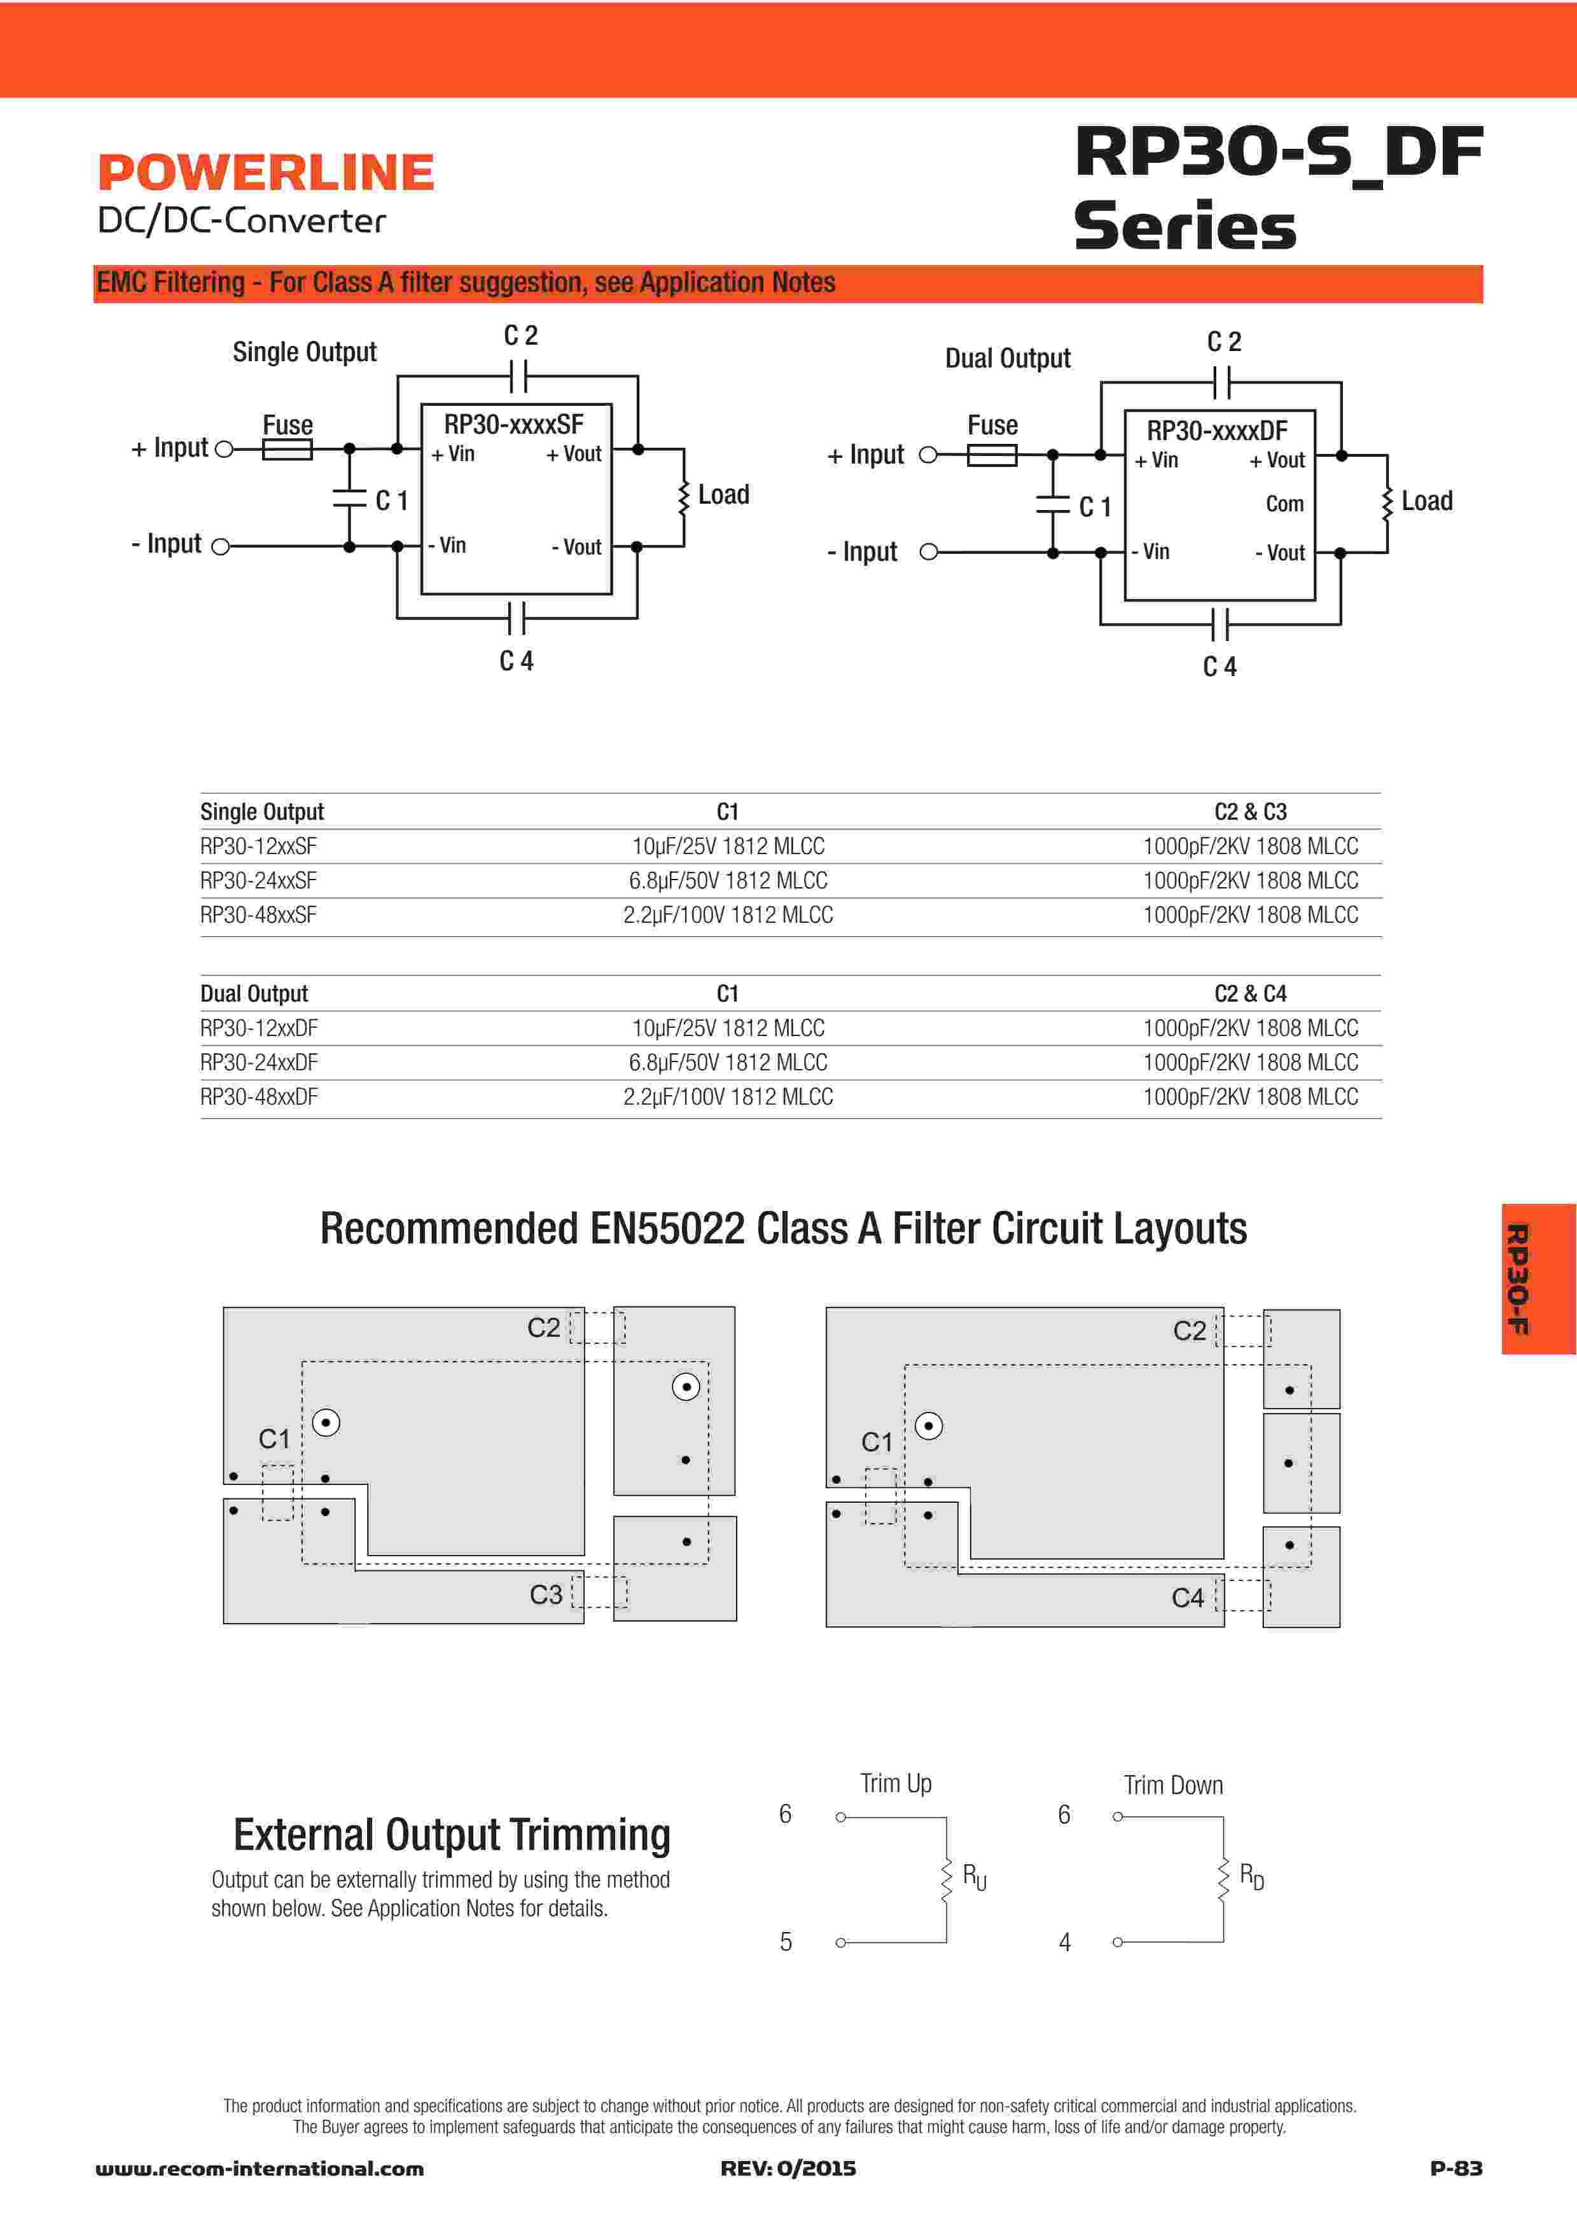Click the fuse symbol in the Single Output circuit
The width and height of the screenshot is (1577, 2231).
(x=287, y=449)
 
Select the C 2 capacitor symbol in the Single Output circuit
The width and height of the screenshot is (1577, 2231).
(x=518, y=375)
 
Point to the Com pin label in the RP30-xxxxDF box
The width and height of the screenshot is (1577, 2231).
(x=1284, y=503)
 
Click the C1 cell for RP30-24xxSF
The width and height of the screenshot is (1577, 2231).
(x=728, y=880)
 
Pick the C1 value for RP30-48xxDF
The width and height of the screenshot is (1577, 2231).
(x=728, y=1097)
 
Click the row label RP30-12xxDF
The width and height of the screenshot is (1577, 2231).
(x=258, y=1028)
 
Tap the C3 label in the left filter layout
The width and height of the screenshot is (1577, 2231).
(x=546, y=1594)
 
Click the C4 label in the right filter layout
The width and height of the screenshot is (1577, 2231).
(x=1188, y=1598)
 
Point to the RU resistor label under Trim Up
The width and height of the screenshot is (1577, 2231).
(x=973, y=1876)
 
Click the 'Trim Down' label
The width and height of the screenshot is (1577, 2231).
(x=1173, y=1785)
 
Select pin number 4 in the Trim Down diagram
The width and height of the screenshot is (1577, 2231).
(x=1065, y=1942)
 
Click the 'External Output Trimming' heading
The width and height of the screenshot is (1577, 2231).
(x=452, y=1835)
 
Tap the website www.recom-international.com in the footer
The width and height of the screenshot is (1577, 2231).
(x=260, y=2169)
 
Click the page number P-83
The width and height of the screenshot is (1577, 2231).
(x=1455, y=2168)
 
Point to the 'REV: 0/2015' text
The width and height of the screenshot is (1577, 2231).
(x=788, y=2169)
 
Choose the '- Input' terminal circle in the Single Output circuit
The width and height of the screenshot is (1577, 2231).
(x=221, y=547)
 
